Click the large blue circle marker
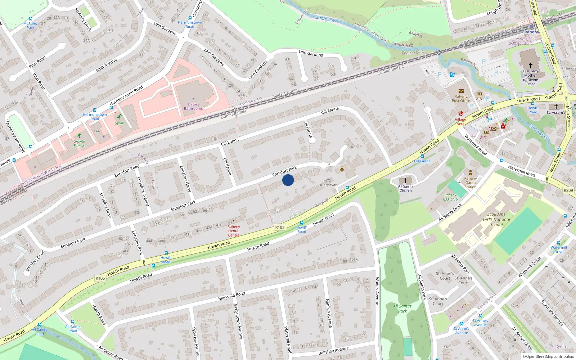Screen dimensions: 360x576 288,180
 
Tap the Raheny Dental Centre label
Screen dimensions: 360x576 234,231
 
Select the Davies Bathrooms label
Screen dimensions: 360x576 193,106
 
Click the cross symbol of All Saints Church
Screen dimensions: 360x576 406,180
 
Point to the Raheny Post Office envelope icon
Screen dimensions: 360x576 461,91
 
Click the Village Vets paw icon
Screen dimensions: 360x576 460,113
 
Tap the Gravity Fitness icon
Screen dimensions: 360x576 79,135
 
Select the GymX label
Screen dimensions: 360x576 119,123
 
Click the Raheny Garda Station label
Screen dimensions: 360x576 470,183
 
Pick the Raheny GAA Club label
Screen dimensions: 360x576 450,197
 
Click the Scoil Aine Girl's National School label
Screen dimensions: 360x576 496,219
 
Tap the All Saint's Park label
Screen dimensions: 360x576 402,309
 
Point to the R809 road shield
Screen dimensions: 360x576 568,190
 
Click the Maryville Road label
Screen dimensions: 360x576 231,296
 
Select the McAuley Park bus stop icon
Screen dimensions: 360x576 31,19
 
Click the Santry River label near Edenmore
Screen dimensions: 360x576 327,19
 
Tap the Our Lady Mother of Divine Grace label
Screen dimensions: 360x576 530,77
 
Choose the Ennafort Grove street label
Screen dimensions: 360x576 185,178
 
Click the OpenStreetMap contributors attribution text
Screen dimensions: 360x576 548,356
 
